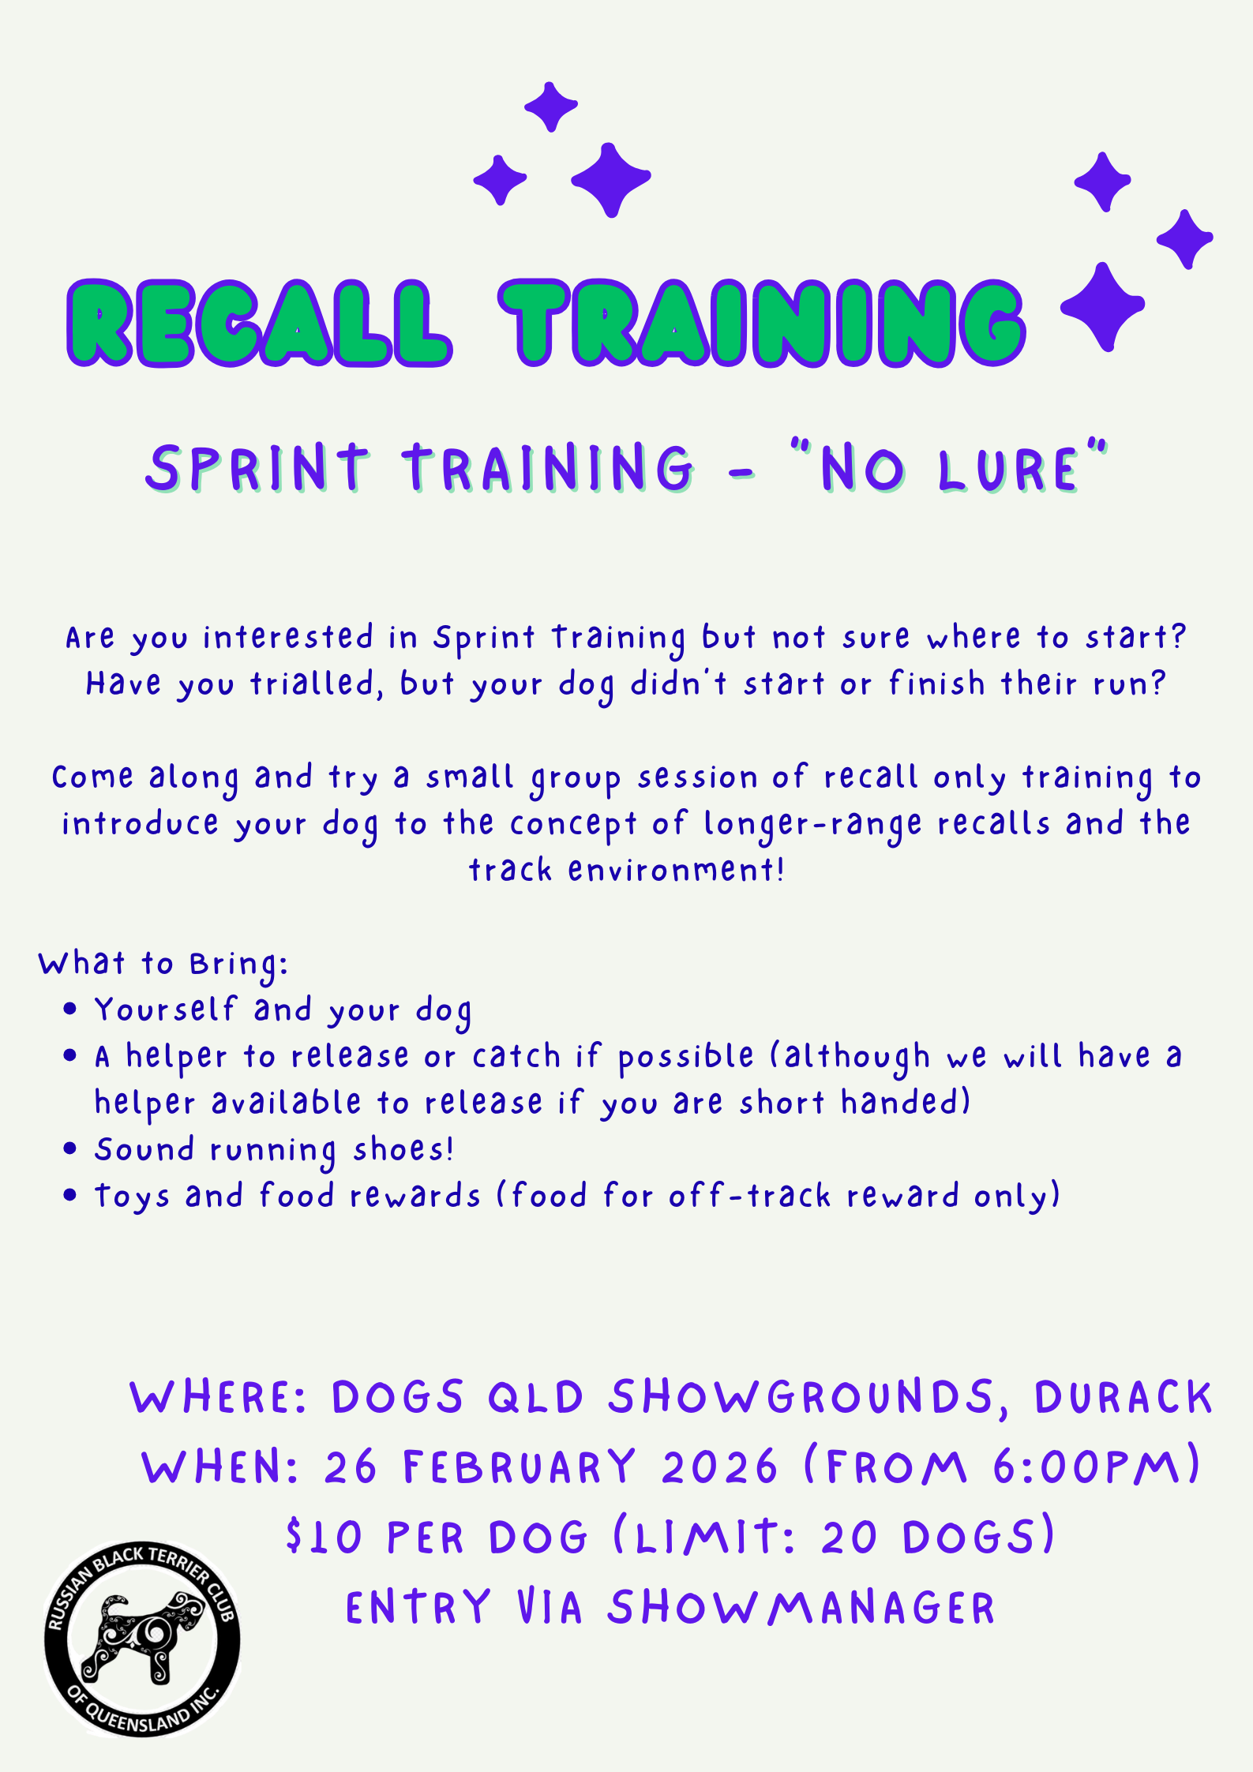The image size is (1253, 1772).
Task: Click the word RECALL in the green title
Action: pyautogui.click(x=260, y=323)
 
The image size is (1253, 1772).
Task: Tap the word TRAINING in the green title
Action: pyautogui.click(x=762, y=323)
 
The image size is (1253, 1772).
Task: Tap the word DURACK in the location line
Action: pyautogui.click(x=1123, y=1397)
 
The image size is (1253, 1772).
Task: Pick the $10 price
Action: pyautogui.click(x=324, y=1538)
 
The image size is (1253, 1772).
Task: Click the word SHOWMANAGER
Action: pyautogui.click(x=801, y=1608)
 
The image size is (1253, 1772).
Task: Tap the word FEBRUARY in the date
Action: pyautogui.click(x=519, y=1467)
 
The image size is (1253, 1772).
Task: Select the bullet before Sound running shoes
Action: pyautogui.click(x=70, y=1148)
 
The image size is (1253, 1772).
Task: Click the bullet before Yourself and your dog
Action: pyautogui.click(x=70, y=1009)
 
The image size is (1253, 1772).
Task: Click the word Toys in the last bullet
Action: pyautogui.click(x=132, y=1197)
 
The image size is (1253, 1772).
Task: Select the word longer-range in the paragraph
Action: pyautogui.click(x=812, y=825)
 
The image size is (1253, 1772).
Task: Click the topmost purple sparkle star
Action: pyautogui.click(x=551, y=106)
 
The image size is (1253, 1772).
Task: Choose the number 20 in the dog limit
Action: pyautogui.click(x=850, y=1538)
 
